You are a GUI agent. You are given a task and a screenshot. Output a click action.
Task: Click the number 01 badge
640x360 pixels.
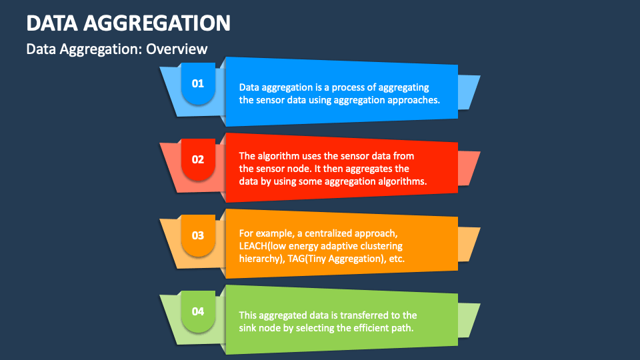tap(198, 84)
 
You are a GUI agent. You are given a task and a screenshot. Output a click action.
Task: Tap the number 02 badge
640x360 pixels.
tap(198, 159)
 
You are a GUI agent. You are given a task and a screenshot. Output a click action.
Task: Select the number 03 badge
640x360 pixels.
tap(198, 235)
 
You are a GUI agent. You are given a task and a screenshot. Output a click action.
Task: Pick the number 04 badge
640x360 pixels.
tap(198, 311)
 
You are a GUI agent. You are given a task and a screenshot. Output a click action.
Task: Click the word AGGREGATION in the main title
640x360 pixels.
tap(157, 23)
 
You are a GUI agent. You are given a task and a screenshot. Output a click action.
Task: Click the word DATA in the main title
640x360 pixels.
tap(52, 23)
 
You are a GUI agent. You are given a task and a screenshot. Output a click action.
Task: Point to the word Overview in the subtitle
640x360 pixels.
tap(177, 49)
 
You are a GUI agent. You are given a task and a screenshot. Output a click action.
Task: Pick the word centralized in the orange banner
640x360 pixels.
tap(328, 233)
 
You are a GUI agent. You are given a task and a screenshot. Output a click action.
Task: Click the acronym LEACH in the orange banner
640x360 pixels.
tap(253, 246)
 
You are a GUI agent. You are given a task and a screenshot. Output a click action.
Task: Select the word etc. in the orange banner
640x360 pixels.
tap(397, 259)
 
